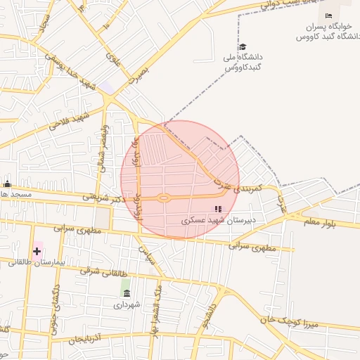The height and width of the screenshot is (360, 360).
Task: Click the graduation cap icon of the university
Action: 243,46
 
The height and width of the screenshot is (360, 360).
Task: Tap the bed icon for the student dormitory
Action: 328,15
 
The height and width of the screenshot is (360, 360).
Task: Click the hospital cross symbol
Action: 37,251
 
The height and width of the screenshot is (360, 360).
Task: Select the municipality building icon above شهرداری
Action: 126,292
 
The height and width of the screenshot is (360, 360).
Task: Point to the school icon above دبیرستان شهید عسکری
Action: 218,209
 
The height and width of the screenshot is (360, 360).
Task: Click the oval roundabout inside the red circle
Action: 164,198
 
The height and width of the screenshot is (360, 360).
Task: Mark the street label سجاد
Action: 44,28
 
